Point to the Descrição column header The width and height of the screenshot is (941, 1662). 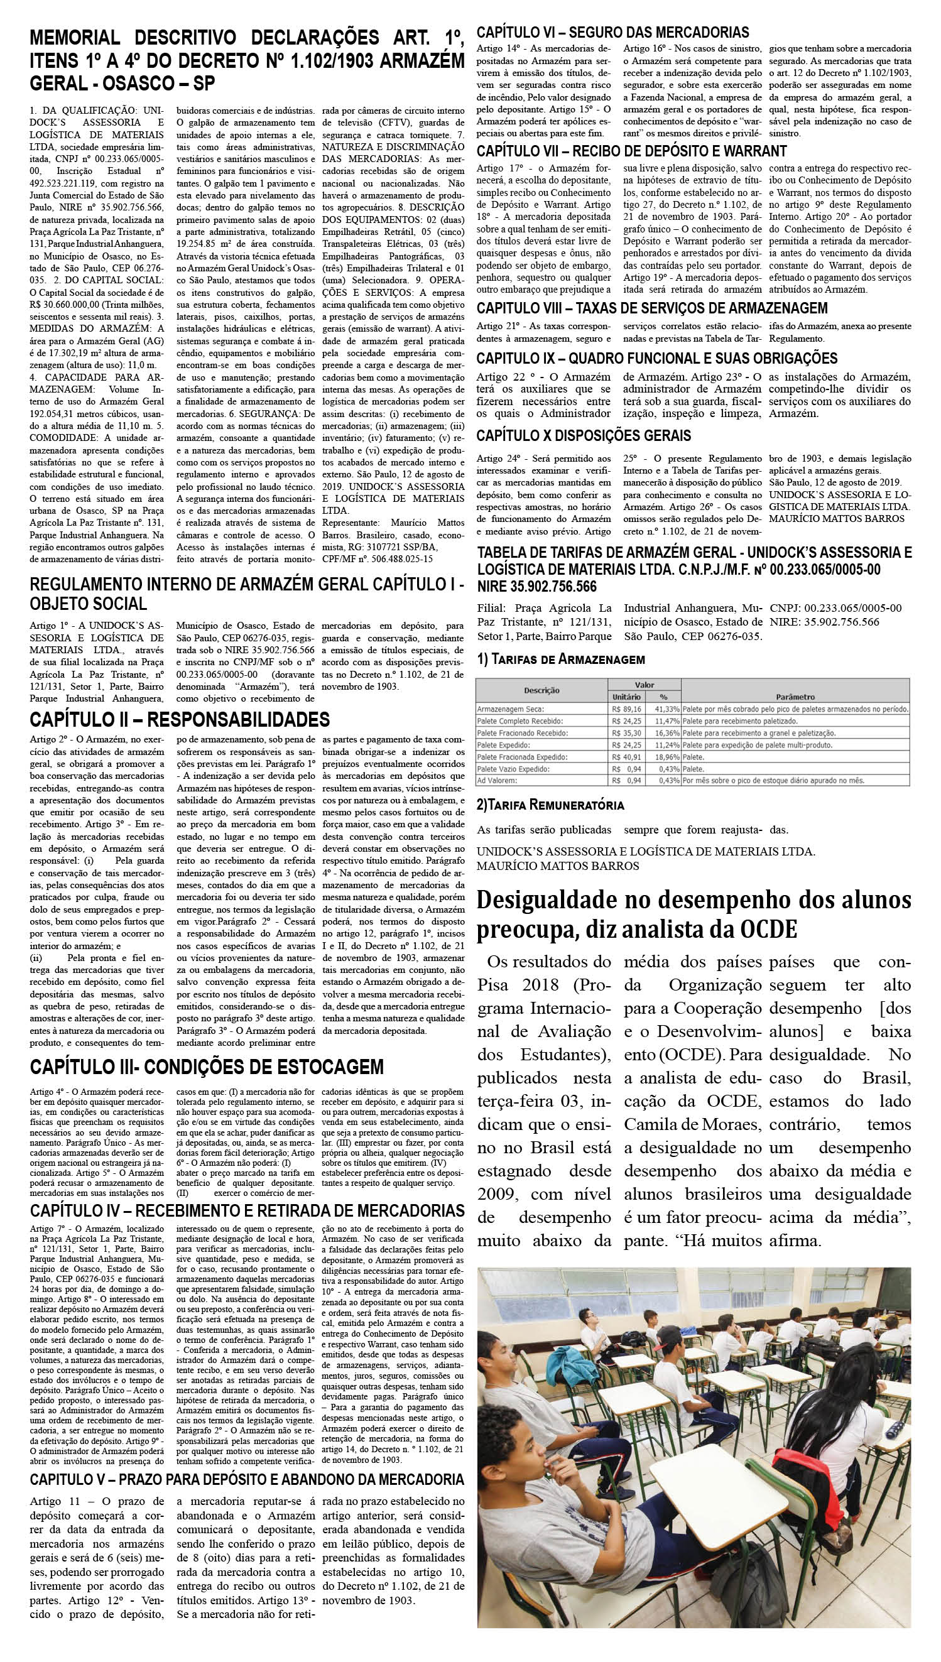tap(541, 691)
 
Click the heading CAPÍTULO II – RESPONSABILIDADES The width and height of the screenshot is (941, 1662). tap(180, 720)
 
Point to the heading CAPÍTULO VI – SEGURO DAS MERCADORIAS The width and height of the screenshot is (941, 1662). tap(612, 32)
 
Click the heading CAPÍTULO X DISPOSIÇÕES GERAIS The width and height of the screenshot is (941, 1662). tap(584, 435)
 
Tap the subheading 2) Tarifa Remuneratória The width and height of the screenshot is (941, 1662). tap(550, 805)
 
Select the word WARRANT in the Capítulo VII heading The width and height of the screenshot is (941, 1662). tap(754, 151)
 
